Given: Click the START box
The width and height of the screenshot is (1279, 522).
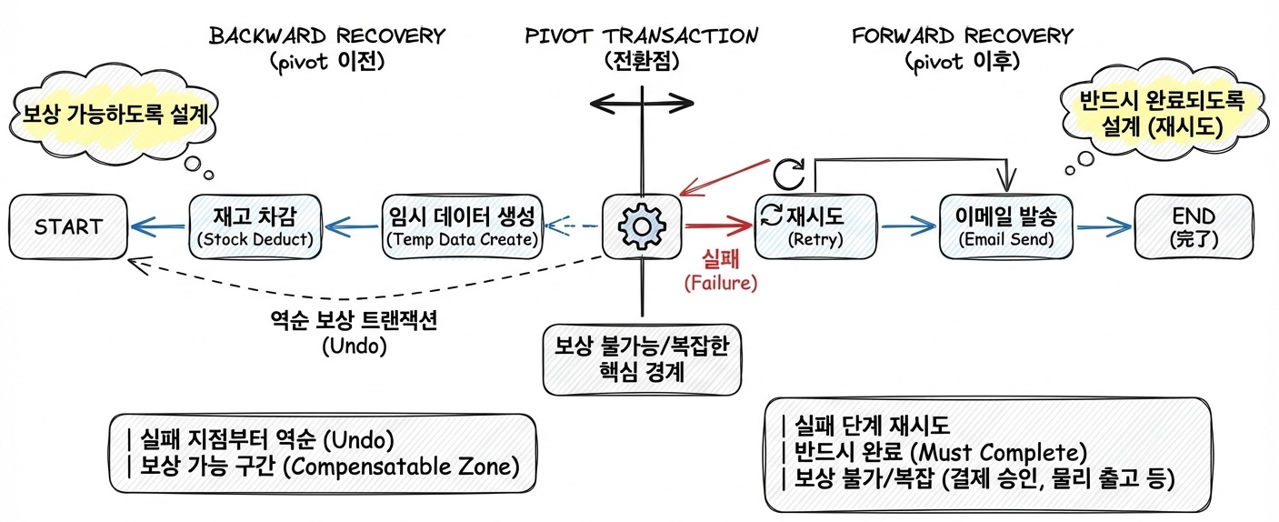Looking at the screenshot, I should pos(68,226).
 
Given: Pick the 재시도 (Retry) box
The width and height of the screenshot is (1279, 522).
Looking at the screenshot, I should pos(814,226).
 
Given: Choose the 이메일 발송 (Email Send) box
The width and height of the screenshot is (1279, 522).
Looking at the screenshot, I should pos(1005,226).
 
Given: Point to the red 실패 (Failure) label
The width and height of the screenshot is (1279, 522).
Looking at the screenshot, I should pos(720,271).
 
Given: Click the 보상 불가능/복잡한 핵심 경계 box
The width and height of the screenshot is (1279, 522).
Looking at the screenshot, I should pos(642,357).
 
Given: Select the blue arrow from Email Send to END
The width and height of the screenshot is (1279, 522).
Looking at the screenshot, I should pos(1103,227).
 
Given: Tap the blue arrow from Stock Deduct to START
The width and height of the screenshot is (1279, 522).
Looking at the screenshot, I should pos(158,227).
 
